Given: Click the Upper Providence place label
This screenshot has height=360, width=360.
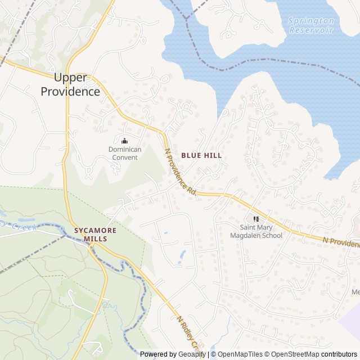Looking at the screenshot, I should [70, 85].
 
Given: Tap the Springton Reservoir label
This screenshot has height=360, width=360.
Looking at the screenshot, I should [311, 25].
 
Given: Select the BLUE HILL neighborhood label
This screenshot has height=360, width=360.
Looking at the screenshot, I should [201, 155].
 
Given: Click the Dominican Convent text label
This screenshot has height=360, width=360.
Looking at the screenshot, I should [125, 153].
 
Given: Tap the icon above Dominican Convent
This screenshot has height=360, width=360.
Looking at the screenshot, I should [125, 139].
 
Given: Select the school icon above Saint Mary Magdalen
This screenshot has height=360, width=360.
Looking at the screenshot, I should [256, 218].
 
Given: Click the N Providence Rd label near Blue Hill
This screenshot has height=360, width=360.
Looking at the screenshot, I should [180, 172].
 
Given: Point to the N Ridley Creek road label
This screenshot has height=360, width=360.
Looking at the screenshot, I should [189, 332].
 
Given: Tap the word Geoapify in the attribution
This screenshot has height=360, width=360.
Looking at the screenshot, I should [191, 354].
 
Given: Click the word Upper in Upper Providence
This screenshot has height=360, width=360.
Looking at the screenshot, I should [70, 78].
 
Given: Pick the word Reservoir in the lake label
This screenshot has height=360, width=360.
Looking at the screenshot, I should [312, 30].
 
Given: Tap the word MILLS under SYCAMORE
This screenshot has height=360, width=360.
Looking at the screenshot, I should [95, 239].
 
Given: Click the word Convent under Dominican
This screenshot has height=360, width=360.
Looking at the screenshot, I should [125, 157].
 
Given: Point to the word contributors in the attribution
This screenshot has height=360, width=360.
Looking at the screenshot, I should [339, 354].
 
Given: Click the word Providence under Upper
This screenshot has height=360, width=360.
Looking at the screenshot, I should [70, 92].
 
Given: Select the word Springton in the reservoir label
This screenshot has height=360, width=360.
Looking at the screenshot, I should [311, 21].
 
